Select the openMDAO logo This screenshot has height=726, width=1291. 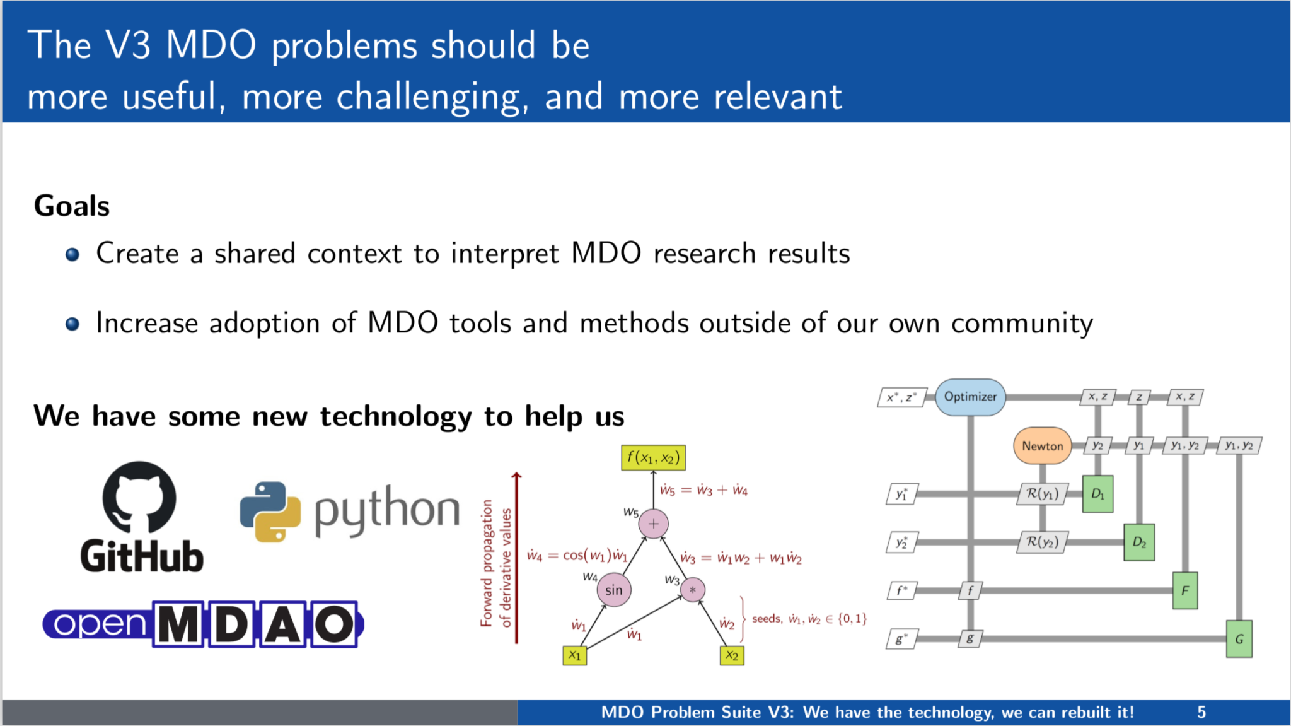203,624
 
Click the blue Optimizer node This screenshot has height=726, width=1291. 970,397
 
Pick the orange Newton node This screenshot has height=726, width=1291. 1042,446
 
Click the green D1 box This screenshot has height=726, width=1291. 1097,494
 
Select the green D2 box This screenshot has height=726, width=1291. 1139,542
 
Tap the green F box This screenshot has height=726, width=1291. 1184,590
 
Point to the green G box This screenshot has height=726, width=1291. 1239,639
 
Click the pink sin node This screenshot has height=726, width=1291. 613,590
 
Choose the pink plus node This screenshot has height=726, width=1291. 653,524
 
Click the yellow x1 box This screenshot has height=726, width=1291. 574,655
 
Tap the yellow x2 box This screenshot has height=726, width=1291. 731,655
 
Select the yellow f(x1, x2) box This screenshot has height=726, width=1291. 653,458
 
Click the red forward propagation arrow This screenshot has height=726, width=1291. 517,558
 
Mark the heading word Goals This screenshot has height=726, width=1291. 72,206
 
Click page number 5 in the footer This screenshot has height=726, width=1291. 1201,713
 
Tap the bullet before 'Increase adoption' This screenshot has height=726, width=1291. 72,324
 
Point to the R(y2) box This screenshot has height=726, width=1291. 1042,542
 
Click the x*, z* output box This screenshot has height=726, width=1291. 901,397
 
